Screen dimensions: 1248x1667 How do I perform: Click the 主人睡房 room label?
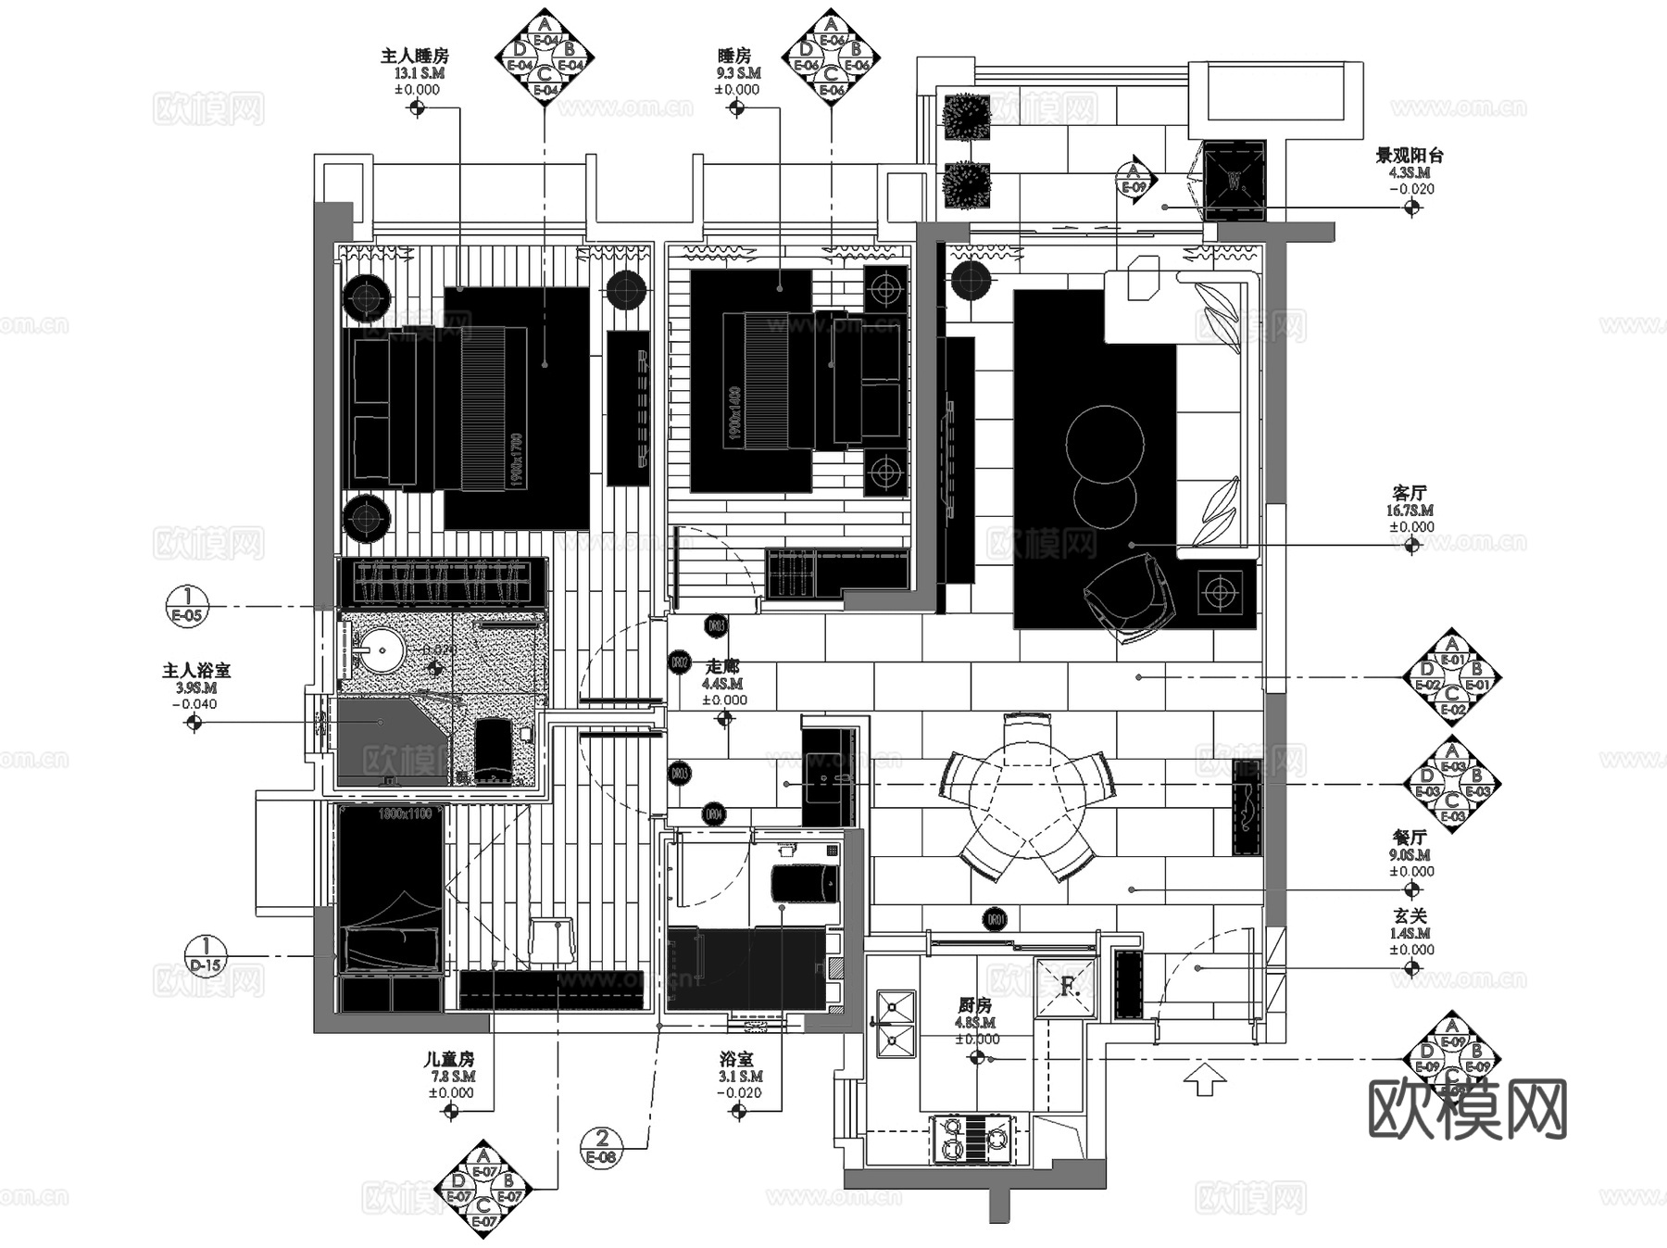414,57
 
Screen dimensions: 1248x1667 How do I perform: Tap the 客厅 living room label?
1410,493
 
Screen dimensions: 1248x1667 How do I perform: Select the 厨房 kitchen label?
974,1005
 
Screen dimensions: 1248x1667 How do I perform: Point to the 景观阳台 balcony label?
1409,156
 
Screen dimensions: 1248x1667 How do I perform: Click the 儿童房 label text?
449,1059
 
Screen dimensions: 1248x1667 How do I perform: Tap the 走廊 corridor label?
722,666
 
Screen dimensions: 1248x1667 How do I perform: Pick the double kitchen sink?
894,1023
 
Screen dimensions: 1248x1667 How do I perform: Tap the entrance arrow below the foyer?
1205,1080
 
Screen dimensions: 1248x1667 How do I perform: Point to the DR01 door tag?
995,920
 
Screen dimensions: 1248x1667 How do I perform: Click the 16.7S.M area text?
1410,511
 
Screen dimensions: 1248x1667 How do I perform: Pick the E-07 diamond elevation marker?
483,1189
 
